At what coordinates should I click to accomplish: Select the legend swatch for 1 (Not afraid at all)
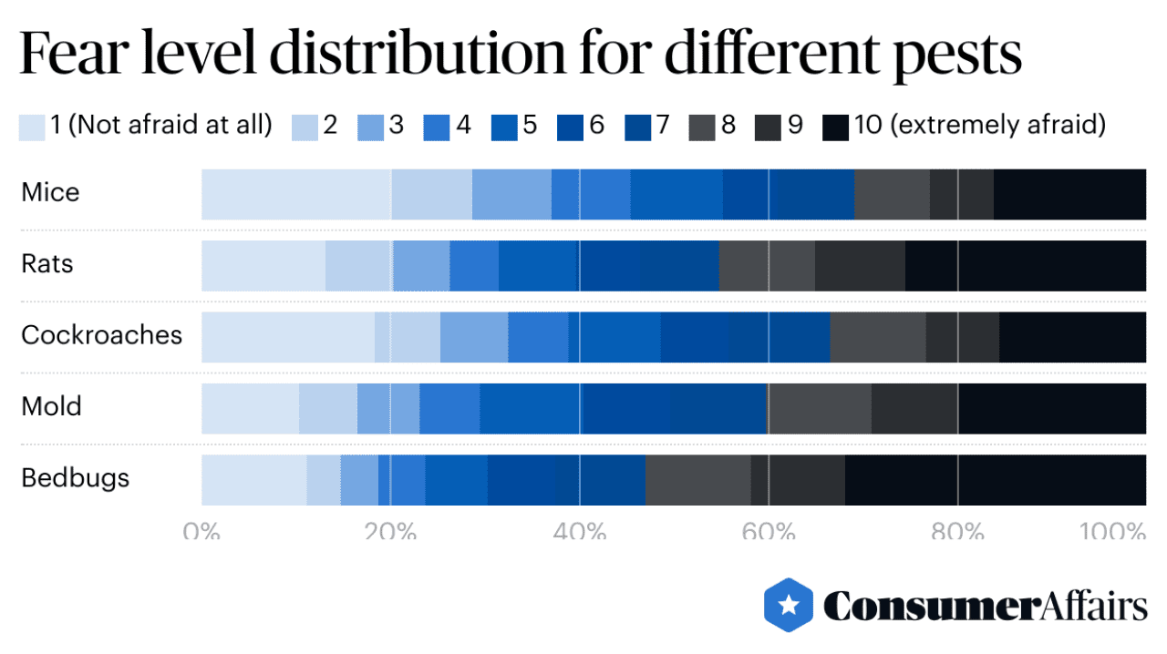[x=32, y=127]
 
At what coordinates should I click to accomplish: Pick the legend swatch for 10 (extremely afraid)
[x=836, y=127]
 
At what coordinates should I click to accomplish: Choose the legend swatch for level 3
[x=370, y=127]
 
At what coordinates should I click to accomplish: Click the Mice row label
[x=51, y=193]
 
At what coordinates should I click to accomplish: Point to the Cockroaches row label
[x=101, y=335]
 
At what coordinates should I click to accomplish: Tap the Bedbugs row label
[x=76, y=477]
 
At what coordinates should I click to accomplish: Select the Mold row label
[x=52, y=406]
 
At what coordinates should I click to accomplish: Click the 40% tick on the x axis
[x=580, y=531]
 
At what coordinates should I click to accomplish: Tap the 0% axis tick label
[x=201, y=531]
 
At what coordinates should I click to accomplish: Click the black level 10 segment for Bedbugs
[x=995, y=479]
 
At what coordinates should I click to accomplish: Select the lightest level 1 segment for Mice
[x=295, y=194]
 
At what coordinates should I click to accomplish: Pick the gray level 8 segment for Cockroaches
[x=877, y=337]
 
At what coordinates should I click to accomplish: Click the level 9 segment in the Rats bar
[x=859, y=265]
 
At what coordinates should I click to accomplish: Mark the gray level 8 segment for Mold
[x=819, y=408]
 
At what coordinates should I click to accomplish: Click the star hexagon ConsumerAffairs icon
[x=789, y=605]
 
